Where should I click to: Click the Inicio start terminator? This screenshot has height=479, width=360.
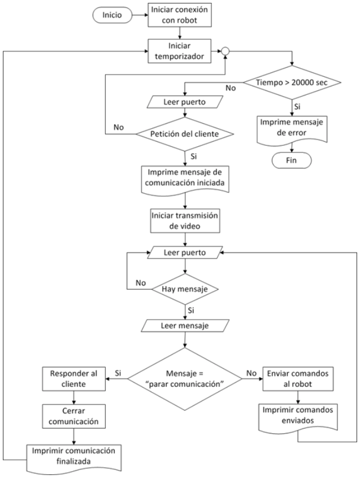coord(112,15)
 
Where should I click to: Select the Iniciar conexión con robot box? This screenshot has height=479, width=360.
coord(180,15)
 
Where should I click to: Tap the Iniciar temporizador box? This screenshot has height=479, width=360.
coord(180,51)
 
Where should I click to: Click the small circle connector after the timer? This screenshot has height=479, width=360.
coord(225,51)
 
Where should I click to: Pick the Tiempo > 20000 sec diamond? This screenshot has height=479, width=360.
coord(292,82)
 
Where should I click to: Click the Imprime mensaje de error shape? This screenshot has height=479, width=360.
coord(292,129)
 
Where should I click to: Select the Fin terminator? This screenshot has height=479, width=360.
coord(292,160)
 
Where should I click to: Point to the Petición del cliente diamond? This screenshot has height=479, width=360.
coord(185,134)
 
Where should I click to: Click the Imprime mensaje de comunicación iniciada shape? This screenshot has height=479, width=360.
coord(185,179)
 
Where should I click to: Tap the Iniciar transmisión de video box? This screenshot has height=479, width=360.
coord(185,221)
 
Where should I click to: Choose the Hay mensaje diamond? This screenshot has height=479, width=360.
coord(185,289)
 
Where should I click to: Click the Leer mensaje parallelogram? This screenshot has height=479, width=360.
coord(185,326)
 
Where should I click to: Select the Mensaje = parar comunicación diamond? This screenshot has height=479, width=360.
coord(185,379)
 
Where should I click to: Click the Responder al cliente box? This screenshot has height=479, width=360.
coord(74,379)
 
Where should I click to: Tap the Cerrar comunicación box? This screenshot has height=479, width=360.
coord(74,416)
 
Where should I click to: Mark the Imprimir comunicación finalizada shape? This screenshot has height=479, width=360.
coord(73,459)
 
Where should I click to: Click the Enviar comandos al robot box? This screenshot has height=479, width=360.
coord(298,379)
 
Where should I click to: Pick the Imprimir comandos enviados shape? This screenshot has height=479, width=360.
coord(298,418)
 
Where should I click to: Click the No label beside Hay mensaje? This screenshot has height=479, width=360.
coord(141,283)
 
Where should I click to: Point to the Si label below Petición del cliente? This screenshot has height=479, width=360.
coord(193,156)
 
